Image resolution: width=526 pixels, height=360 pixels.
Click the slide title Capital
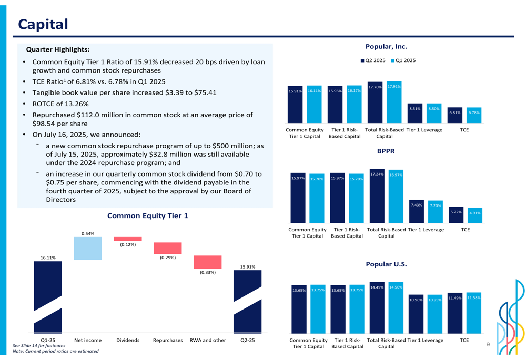point(43,24)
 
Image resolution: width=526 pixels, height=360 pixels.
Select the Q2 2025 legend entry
point(373,60)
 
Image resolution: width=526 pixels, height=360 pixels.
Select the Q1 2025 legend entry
point(403,60)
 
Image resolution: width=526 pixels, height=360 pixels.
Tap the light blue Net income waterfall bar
point(88,248)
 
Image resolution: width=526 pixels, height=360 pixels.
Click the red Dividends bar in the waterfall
point(128,239)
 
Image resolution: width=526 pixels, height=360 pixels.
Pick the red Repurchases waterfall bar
point(167,248)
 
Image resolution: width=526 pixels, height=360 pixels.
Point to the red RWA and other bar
point(207,262)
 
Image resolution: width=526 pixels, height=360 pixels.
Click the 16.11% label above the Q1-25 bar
point(48,258)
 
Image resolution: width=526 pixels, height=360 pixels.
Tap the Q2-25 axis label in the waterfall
point(247,340)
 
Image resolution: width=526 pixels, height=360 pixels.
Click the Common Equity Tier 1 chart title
point(147,216)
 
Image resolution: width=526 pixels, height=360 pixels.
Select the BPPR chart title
point(386,151)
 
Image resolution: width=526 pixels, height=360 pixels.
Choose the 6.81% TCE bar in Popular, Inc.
point(454,116)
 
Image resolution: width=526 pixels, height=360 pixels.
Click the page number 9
point(488,345)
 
